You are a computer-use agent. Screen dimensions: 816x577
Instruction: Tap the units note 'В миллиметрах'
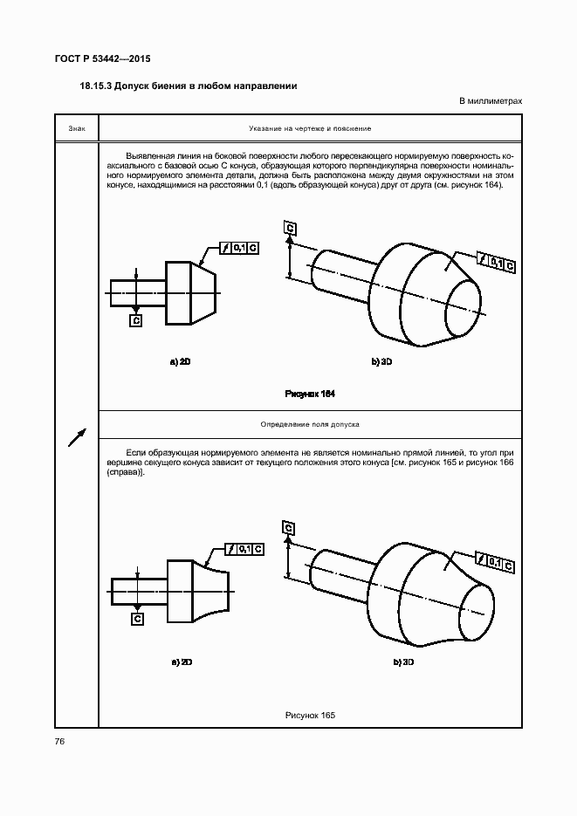tap(491, 101)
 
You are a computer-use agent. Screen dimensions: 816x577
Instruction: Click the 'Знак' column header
tap(76, 129)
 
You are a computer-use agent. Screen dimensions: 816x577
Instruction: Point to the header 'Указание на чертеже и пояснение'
tap(310, 129)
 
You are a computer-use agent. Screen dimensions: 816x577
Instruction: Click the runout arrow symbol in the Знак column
tap(77, 435)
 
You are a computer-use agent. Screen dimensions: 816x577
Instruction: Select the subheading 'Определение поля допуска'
tap(310, 424)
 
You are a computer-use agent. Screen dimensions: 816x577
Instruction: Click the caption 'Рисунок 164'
tap(310, 394)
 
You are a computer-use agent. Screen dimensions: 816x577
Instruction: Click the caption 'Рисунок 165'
tap(310, 716)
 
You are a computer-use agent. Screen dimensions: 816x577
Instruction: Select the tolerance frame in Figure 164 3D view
tap(496, 262)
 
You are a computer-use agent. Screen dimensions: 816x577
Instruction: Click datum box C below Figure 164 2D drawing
tap(136, 321)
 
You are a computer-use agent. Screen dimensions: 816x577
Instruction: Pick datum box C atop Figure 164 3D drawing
tap(290, 229)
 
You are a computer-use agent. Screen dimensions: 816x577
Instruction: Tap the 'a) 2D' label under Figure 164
tap(181, 361)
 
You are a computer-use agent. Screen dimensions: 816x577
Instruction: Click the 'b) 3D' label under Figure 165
tap(403, 662)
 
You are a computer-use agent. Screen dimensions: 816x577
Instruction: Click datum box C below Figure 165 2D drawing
tap(136, 618)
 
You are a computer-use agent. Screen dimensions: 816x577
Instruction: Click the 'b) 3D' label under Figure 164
tap(381, 361)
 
